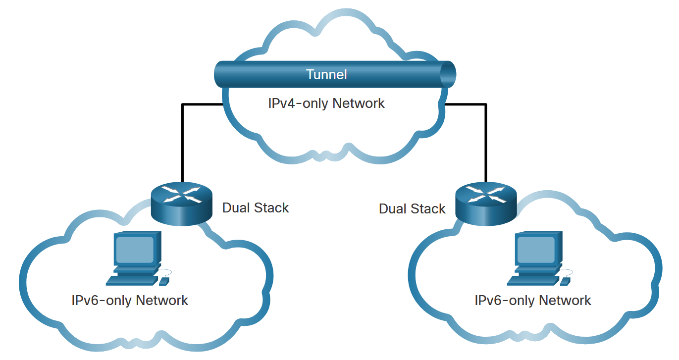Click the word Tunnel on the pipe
click(326, 75)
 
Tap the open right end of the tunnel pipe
click(448, 74)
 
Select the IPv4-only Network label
click(326, 103)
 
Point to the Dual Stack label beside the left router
click(256, 208)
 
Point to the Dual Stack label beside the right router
click(412, 209)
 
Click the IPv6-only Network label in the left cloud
click(130, 300)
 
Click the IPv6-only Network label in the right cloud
click(533, 300)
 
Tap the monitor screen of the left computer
click(135, 250)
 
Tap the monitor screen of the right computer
click(536, 250)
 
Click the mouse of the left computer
click(163, 281)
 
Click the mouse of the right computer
click(565, 281)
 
